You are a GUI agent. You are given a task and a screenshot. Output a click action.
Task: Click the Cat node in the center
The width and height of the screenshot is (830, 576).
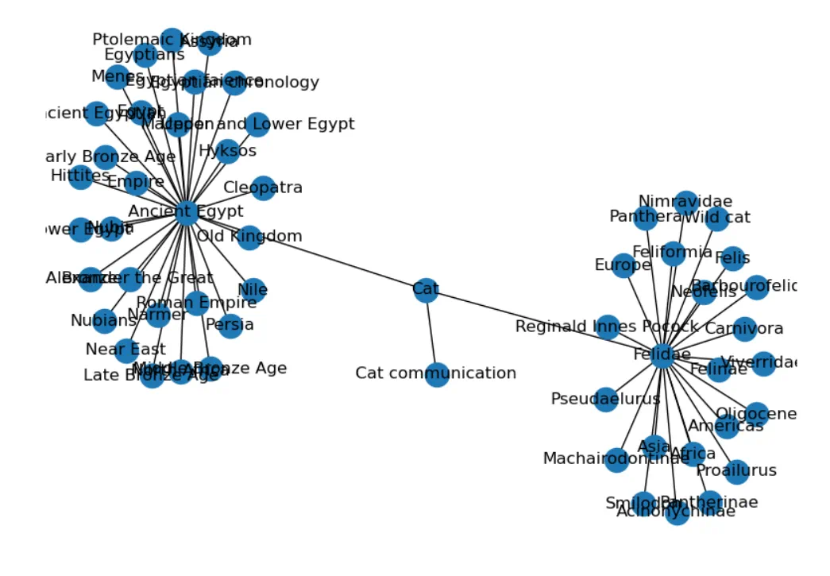426,290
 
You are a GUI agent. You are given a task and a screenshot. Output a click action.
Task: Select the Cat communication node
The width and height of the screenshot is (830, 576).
437,374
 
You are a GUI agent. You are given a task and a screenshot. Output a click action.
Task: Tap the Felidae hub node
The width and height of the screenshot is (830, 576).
663,355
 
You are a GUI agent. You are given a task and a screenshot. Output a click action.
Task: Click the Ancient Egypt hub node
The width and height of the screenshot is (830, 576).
185,211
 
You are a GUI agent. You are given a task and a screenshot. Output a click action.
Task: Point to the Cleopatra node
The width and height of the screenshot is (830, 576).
263,188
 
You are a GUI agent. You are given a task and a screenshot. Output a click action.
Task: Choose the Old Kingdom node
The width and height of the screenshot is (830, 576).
249,237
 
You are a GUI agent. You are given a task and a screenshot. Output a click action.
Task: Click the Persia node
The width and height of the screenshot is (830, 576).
230,325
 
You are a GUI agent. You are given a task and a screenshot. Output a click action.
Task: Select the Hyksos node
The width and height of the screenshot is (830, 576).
228,151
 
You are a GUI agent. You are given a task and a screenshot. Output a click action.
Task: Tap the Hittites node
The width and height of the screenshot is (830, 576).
80,176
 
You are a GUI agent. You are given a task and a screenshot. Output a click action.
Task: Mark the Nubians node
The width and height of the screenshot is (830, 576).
105,321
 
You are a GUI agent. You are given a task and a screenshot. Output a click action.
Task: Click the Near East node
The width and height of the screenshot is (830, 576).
126,350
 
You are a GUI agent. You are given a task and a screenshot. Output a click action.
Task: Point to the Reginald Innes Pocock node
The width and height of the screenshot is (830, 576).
608,327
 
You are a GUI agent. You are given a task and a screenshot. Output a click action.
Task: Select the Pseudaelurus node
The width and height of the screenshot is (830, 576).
606,399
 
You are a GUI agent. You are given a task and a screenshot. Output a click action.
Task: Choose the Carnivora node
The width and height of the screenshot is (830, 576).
744,329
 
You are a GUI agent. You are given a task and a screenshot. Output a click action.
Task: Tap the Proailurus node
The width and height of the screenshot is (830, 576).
736,471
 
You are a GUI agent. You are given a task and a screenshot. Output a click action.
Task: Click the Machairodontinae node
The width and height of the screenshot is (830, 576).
617,459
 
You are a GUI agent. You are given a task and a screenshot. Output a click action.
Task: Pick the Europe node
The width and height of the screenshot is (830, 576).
623,265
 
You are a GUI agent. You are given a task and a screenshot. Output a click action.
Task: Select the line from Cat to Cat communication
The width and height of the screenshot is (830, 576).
431,332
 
